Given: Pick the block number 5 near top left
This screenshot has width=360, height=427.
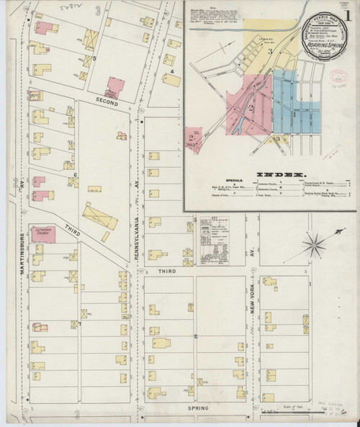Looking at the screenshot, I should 94,58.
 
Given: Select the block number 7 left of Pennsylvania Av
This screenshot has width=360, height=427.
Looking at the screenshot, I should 80,323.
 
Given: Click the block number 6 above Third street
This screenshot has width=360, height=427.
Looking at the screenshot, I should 75,175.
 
